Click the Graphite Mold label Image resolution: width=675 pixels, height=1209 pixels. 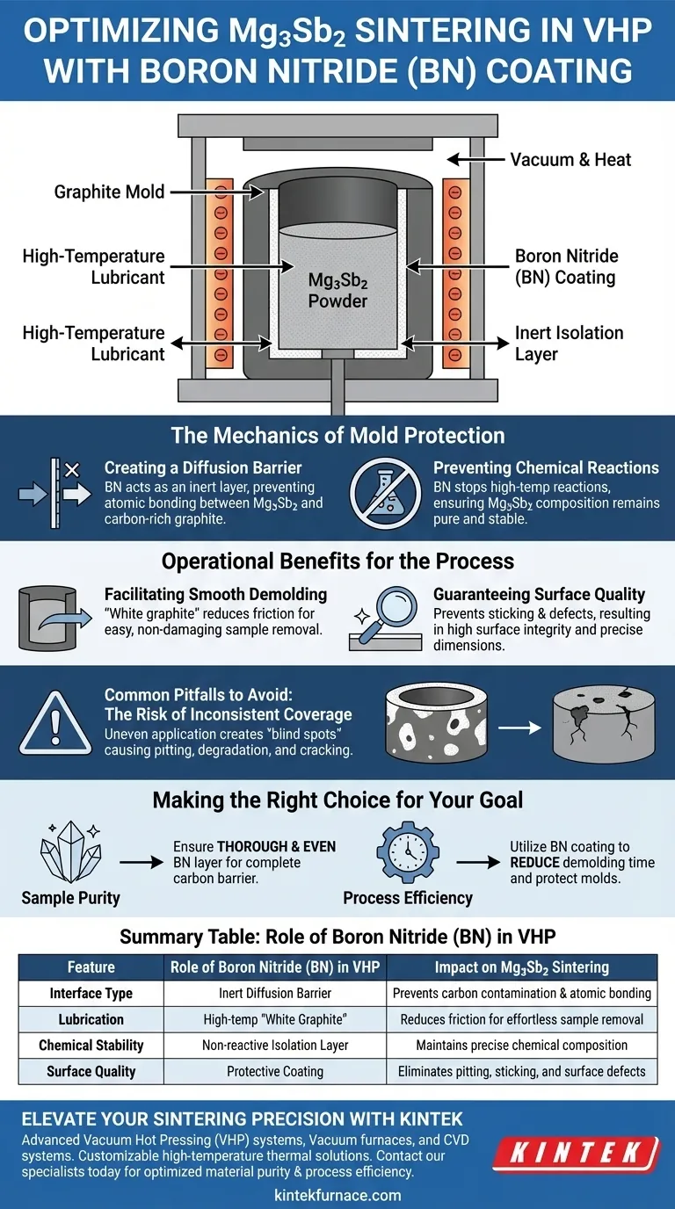109,192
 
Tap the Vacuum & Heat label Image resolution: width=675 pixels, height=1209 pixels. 570,160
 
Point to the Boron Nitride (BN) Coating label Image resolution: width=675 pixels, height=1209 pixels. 566,266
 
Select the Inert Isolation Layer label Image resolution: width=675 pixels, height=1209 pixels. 569,344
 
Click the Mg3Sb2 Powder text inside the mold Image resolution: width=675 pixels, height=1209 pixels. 337,290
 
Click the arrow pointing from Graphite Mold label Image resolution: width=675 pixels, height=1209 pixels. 217,192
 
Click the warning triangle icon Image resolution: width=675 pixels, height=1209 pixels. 55,723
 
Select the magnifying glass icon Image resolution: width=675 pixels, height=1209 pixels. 385,619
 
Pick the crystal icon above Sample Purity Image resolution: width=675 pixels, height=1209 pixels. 70,852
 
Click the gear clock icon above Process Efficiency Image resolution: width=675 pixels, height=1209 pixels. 408,852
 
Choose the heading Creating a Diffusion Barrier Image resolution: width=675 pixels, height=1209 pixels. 203,467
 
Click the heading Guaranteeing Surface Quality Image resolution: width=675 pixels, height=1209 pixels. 539,594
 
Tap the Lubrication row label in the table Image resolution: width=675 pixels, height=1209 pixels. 91,1019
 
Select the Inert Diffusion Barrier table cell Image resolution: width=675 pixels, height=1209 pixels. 275,993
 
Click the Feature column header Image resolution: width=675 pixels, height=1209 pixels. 91,967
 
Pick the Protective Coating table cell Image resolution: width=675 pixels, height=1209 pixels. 275,1071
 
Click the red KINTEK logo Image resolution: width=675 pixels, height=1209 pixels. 577,1154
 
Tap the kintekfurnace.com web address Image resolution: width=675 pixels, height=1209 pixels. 337,1196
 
